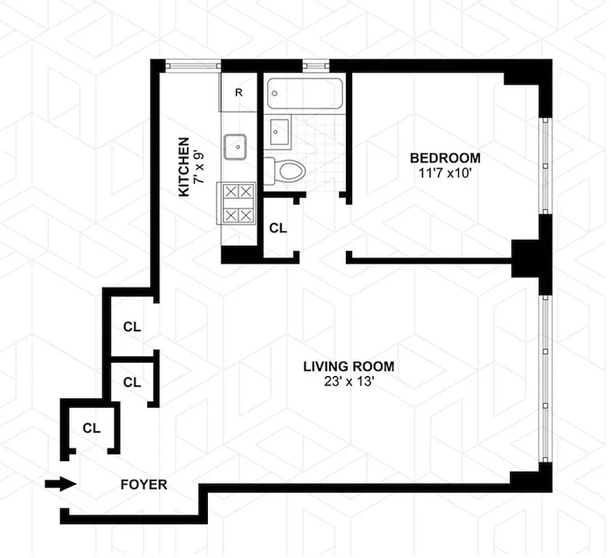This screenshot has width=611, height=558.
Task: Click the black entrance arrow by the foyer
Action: (x=60, y=484)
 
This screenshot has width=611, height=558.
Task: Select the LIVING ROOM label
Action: (x=348, y=366)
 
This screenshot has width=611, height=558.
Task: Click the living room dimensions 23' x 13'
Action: (x=348, y=382)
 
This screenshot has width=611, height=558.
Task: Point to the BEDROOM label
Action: (x=445, y=158)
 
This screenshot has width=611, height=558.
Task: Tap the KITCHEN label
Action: (x=183, y=167)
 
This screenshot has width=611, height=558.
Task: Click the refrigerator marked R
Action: (x=239, y=92)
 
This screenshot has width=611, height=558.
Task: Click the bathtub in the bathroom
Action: (x=305, y=93)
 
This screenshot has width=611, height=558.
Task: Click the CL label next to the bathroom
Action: (x=278, y=228)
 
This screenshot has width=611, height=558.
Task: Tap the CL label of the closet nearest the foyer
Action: (x=91, y=428)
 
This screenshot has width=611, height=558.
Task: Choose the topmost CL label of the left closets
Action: (x=132, y=326)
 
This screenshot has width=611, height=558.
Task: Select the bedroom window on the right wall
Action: (x=546, y=165)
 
